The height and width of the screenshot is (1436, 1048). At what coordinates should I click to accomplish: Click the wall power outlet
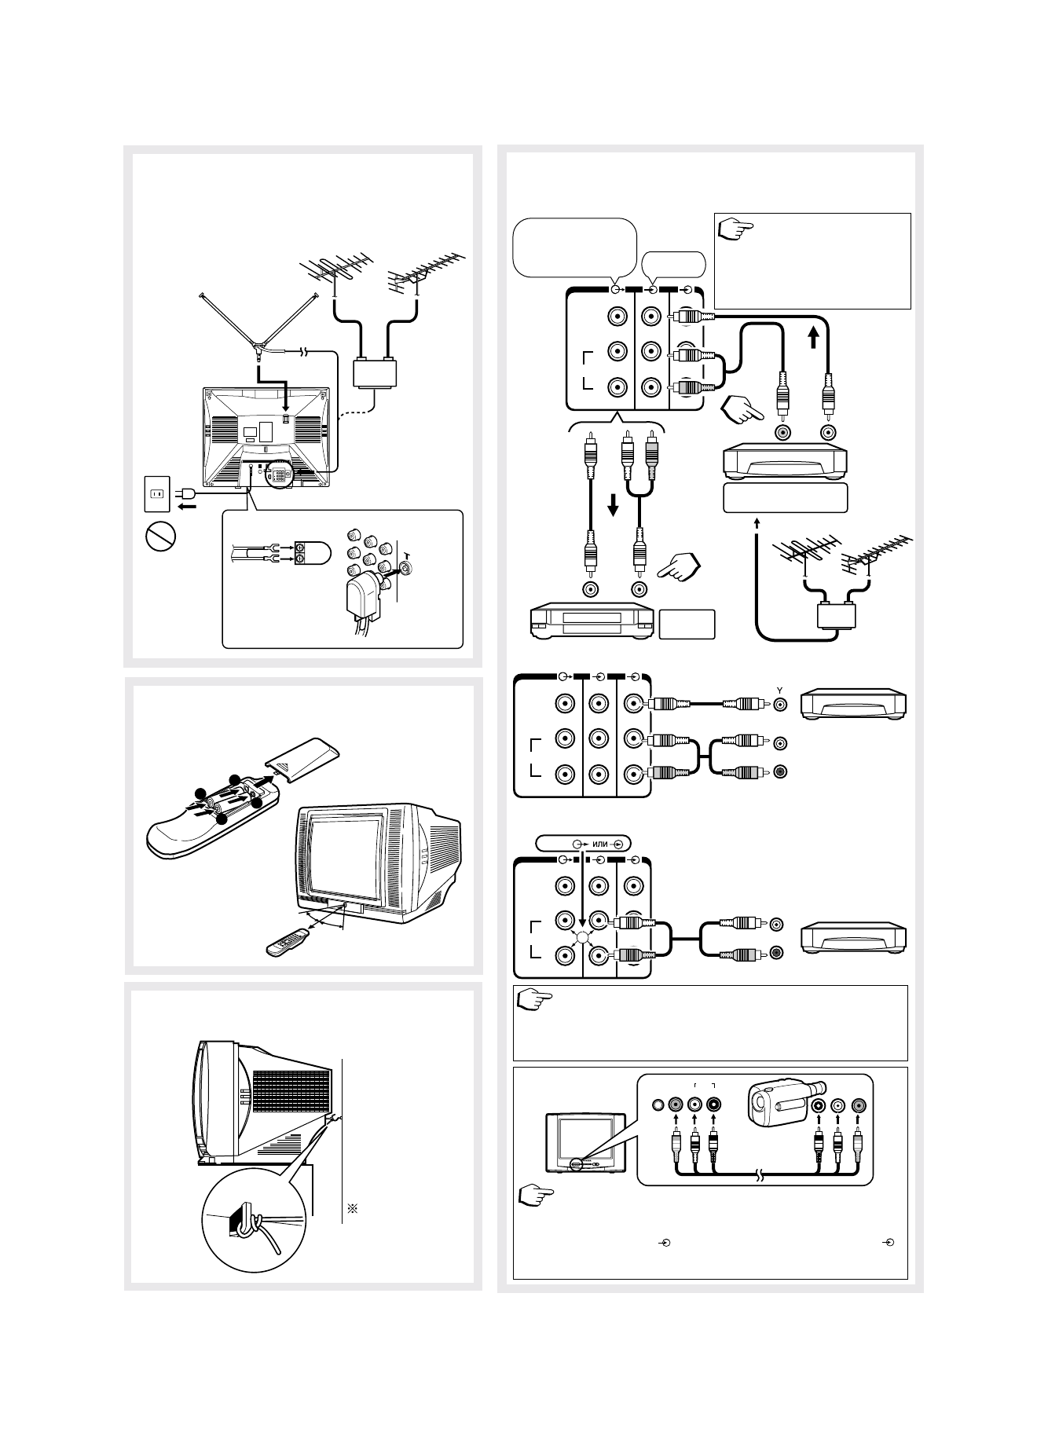[156, 493]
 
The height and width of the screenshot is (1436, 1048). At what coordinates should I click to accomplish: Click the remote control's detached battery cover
[308, 756]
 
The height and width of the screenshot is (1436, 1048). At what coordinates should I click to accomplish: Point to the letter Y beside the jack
[779, 689]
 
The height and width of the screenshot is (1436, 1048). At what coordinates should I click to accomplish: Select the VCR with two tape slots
[592, 621]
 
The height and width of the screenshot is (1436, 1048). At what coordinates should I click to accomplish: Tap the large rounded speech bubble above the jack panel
[573, 247]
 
